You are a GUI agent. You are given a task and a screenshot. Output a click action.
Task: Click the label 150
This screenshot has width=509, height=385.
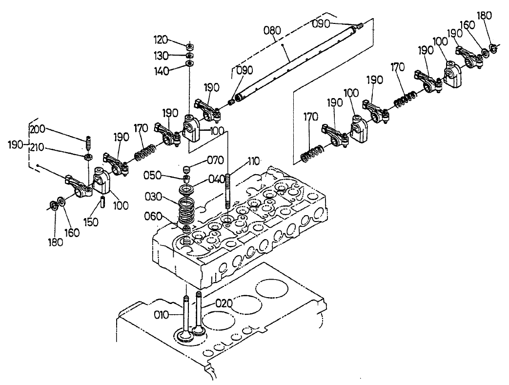[91, 222]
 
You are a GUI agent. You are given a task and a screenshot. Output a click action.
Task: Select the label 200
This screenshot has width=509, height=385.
[37, 129]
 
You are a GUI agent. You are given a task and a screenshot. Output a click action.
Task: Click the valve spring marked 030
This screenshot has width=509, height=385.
[186, 210]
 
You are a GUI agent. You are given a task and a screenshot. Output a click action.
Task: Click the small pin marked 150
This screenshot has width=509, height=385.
[103, 202]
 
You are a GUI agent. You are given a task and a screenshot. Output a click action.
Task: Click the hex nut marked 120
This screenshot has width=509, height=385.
[189, 46]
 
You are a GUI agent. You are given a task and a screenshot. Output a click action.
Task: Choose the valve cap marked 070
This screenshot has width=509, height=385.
[186, 170]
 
